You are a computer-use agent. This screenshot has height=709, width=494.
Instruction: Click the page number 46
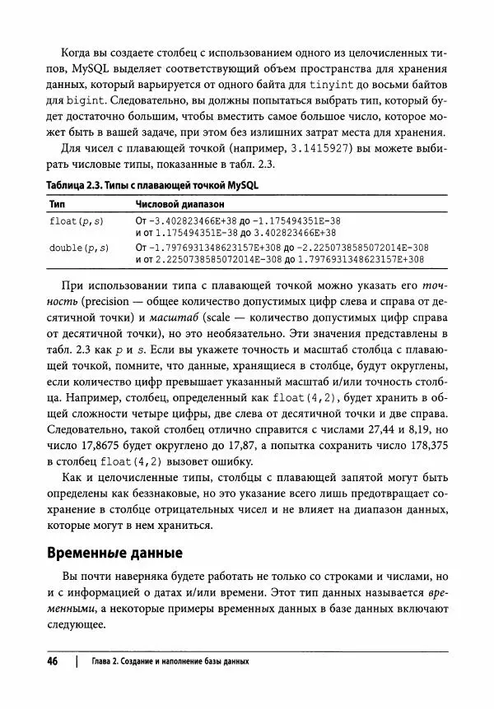tap(52, 662)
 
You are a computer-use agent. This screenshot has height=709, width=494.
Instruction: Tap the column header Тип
tap(58, 203)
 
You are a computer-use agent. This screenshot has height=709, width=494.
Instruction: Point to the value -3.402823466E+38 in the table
tap(189, 221)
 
